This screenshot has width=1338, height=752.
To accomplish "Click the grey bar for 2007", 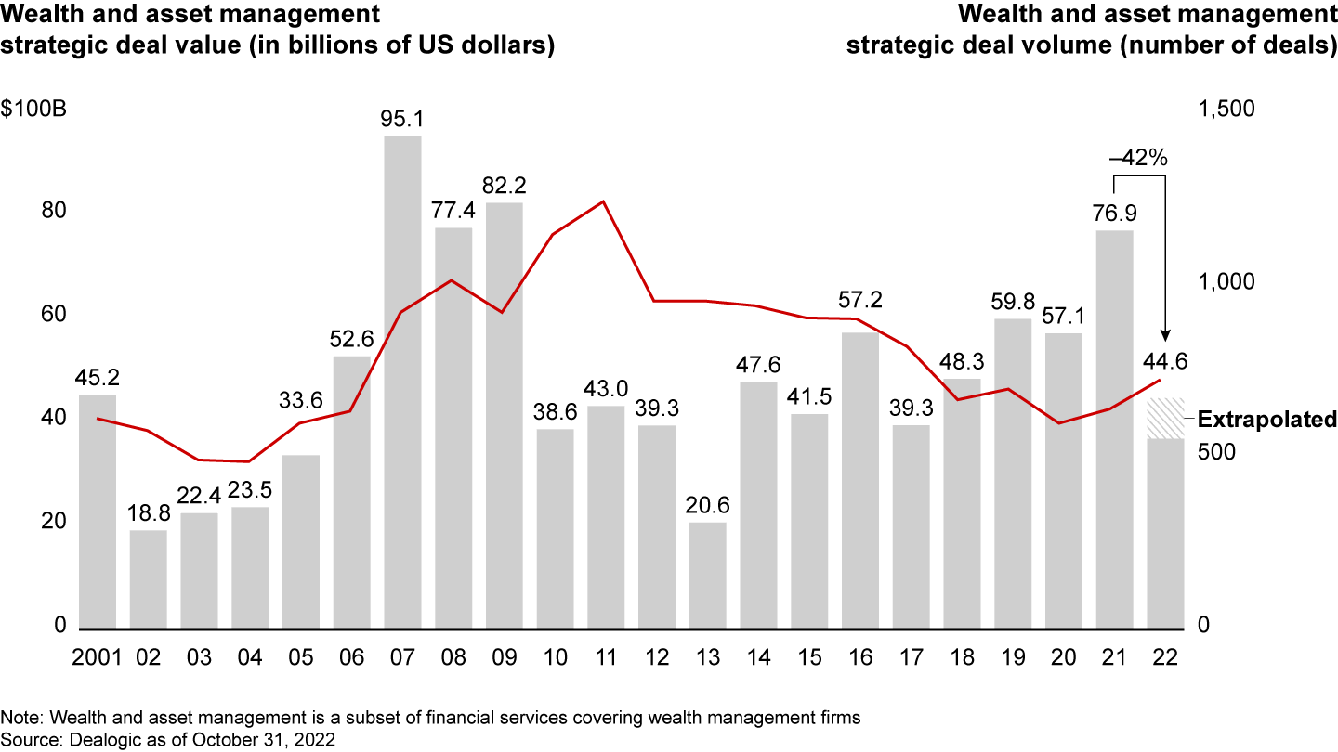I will click(402, 381).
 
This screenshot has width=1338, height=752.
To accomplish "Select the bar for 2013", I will click(707, 576).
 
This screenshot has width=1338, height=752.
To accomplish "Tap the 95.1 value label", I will click(402, 120).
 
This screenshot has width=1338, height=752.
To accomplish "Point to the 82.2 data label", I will click(504, 186).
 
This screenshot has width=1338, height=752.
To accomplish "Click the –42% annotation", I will click(1138, 158).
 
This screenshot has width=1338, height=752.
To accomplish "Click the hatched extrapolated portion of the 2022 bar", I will click(1164, 419).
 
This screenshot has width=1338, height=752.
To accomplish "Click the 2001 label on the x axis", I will click(98, 656).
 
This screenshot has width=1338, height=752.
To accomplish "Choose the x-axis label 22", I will click(1164, 656).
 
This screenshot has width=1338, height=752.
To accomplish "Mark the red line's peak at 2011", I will click(605, 201).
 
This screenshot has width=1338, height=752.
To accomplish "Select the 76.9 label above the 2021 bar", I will click(1114, 214).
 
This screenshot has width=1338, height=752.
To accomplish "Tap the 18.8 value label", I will click(148, 513).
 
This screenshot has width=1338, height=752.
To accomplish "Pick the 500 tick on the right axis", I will click(1213, 453).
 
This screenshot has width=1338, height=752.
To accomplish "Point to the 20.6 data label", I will click(707, 506).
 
